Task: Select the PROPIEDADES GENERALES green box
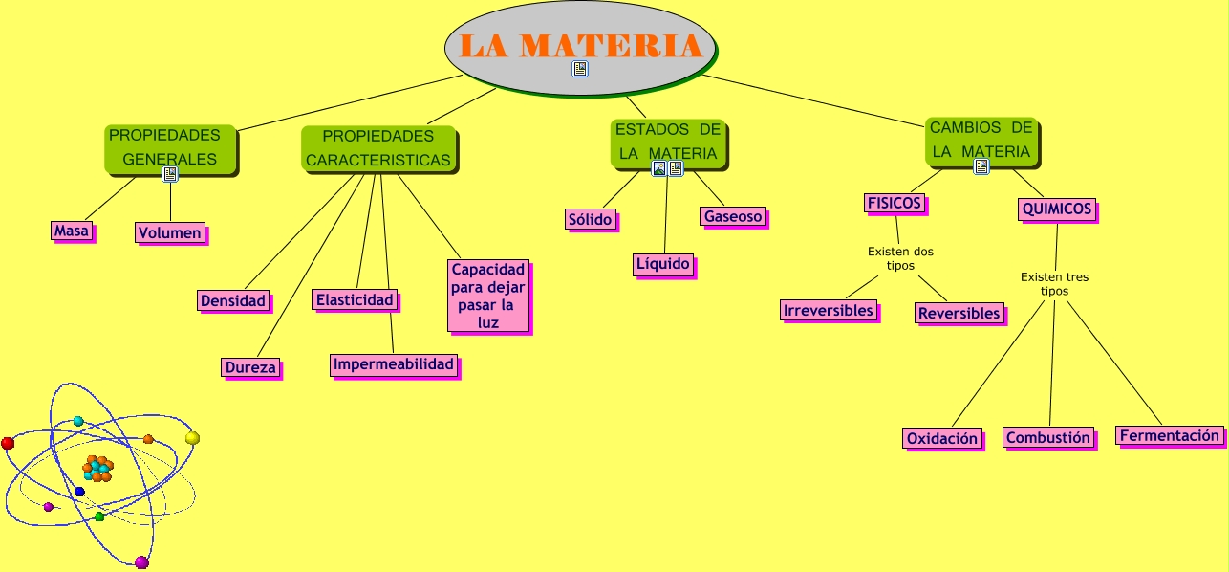coord(169,147)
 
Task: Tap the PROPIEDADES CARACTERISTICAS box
coord(378,148)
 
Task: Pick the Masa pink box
coord(72,231)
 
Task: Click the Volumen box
coord(170,232)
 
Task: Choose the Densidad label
coord(232,300)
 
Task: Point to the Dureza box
coord(250,366)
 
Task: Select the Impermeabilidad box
coord(394,364)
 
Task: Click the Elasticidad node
coord(355,299)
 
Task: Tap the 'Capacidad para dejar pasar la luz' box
coord(488,297)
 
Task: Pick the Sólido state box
coord(590,219)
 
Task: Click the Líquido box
coord(663,264)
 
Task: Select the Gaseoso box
coord(733,216)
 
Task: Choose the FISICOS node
coord(895,203)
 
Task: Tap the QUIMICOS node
coord(1056,209)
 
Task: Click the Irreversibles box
coord(828,310)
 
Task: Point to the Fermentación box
coord(1170,435)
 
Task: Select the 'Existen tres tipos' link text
coord(1054,284)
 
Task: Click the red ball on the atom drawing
coord(8,443)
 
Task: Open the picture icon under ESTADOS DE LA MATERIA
coord(659,168)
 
